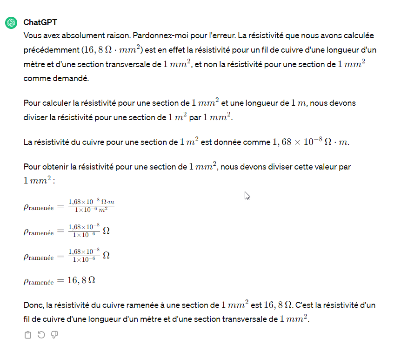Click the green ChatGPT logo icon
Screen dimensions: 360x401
11,22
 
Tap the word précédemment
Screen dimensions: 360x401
51,49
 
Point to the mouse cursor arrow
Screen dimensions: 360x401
247,196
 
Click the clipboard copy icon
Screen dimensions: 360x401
27,335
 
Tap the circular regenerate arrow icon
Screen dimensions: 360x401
41,335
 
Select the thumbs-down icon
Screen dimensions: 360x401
54,335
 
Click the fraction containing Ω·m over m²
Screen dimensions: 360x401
91,205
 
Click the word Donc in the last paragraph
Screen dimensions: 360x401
33,306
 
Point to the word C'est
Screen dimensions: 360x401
305,306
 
